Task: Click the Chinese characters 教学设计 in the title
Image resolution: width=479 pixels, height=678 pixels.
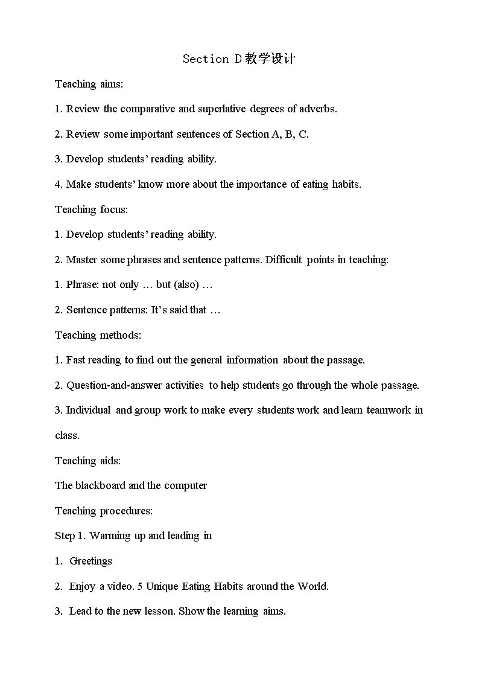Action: coord(270,59)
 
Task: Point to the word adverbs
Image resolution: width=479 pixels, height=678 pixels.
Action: coord(318,109)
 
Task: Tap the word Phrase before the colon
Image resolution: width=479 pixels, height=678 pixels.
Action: coord(82,285)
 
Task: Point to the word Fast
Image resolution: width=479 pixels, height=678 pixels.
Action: coord(76,360)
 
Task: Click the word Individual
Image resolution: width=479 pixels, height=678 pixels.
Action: coord(88,411)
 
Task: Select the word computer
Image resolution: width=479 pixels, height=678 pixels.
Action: coord(185,485)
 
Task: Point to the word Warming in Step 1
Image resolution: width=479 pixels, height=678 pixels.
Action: coord(108,536)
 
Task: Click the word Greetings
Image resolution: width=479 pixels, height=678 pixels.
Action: coord(90,561)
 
